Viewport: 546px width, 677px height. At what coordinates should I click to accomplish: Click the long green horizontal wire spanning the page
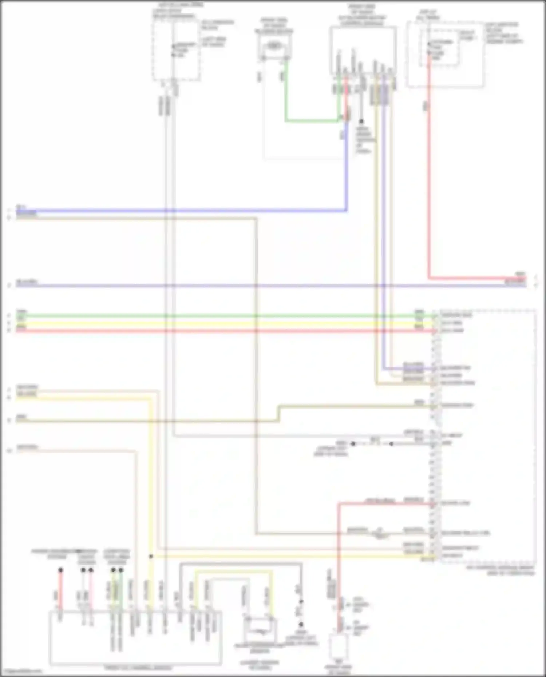(218, 315)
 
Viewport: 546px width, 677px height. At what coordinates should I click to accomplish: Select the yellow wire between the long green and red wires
(218, 323)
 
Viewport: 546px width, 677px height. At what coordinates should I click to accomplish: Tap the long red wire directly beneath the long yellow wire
(218, 331)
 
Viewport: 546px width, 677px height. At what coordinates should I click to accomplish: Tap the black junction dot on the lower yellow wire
(151, 557)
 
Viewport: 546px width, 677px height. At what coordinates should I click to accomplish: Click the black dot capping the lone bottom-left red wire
(60, 570)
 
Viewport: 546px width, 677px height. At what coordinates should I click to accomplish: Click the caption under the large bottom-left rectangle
(138, 668)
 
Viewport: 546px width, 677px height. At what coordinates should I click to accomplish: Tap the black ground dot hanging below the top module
(361, 122)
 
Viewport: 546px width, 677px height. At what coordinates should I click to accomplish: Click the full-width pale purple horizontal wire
(255, 286)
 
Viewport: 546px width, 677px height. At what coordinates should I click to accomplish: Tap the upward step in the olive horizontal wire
(279, 413)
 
